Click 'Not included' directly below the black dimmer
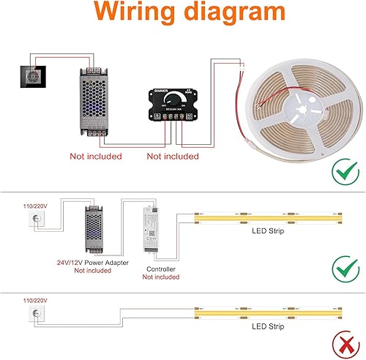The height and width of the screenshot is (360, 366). click(173, 156)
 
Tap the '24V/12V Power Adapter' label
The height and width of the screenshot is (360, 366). click(92, 261)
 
